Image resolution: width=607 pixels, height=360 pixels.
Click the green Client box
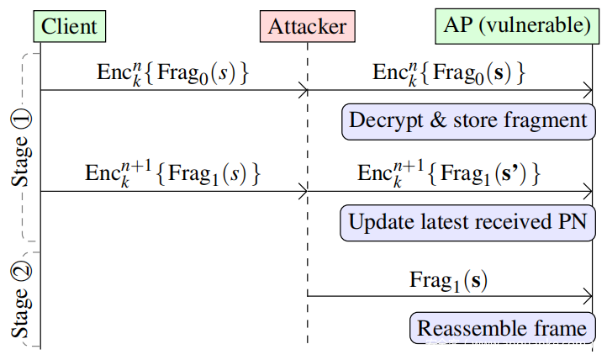[70, 26]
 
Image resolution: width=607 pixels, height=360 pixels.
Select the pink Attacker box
[308, 26]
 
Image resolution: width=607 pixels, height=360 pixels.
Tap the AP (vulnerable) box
[517, 26]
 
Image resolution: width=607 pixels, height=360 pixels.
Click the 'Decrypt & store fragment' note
[468, 122]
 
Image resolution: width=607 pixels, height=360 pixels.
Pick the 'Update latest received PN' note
[467, 223]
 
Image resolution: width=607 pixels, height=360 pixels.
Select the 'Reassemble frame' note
[503, 328]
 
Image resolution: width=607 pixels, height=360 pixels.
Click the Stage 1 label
[21, 148]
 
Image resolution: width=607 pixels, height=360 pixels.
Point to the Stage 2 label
[21, 299]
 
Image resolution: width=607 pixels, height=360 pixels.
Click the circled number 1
[22, 119]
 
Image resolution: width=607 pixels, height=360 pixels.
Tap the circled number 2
[22, 272]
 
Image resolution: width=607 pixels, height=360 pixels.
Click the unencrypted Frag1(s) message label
[448, 281]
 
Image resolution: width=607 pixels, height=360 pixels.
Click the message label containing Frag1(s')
[449, 173]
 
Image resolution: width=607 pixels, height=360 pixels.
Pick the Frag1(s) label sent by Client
[172, 173]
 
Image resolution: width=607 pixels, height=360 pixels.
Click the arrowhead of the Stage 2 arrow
[591, 297]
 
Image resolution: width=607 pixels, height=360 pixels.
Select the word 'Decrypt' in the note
[386, 121]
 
